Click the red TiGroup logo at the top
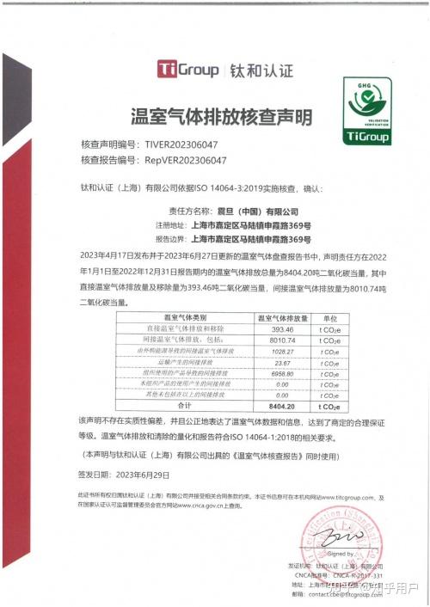point(187,70)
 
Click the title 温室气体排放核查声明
point(214,115)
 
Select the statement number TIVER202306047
point(175,145)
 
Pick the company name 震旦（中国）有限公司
point(255,210)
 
